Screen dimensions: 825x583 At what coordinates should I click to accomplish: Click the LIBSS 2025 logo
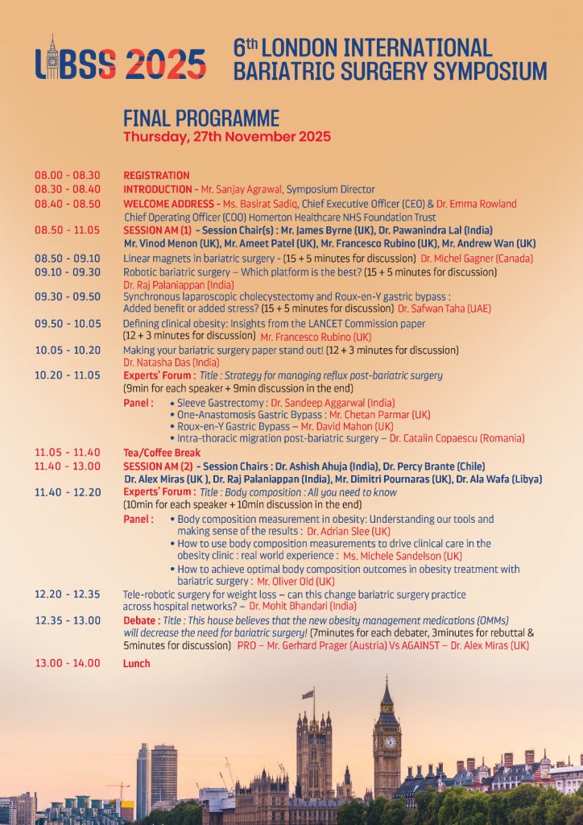coord(120,60)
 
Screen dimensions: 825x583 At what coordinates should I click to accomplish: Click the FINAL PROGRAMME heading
coord(201,118)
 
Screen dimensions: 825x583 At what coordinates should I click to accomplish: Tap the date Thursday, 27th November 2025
coord(226,136)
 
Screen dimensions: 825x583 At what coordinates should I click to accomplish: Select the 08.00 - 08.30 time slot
coord(68,175)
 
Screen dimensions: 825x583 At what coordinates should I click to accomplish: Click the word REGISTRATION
coord(156,175)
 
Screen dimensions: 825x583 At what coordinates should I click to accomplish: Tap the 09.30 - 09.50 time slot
coord(68,296)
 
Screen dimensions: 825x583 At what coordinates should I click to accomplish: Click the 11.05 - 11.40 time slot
coord(68,452)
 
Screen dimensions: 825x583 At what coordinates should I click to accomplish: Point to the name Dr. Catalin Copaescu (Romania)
coord(457,438)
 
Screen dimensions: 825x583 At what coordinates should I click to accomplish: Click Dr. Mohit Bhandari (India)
coord(303,606)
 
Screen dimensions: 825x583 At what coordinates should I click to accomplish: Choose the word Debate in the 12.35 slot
coord(140,620)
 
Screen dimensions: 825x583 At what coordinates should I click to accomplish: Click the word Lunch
coord(136,663)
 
